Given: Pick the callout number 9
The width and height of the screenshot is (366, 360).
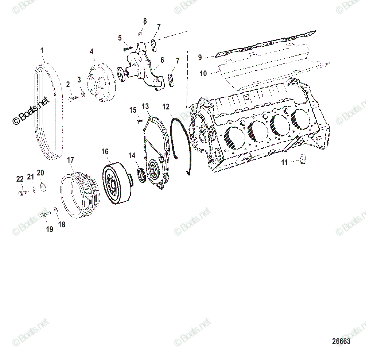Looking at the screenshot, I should coord(200,57).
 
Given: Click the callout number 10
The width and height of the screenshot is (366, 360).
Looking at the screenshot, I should coord(203,74).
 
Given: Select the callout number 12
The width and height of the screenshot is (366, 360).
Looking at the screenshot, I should coord(166,107).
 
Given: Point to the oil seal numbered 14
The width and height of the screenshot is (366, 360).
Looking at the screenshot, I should coord(141,175).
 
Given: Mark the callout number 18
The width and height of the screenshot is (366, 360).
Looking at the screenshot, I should coord(62,225).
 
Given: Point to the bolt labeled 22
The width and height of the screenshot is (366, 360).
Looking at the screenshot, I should coord(22,193).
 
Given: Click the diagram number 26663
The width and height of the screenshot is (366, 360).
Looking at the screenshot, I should coord(341,341).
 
